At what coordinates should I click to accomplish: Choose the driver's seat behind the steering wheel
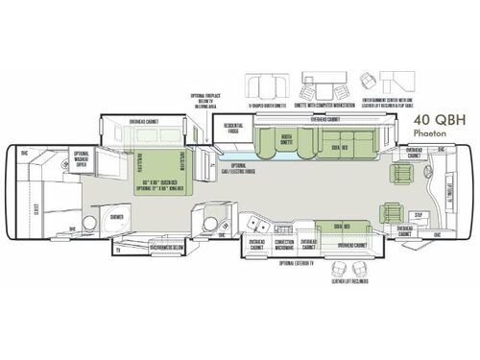click(399, 173)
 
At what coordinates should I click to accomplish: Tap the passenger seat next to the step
click(393, 211)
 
